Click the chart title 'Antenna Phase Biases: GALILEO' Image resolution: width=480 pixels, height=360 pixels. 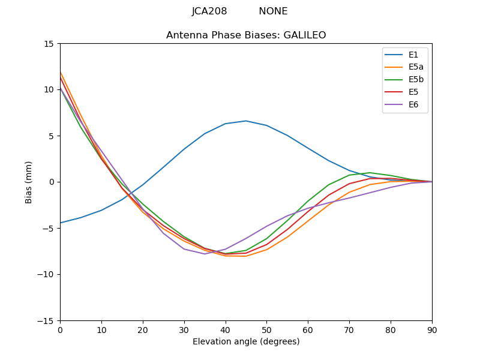[x=246, y=35]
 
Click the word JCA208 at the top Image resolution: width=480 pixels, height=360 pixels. [x=209, y=11]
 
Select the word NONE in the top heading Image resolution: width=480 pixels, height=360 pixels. [x=273, y=11]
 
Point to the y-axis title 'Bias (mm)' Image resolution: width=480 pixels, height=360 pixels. [x=29, y=182]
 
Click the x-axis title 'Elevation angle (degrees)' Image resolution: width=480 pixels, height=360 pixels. [x=246, y=342]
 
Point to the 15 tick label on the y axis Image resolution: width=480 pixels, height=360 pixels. [x=49, y=44]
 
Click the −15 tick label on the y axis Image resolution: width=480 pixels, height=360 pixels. [x=46, y=320]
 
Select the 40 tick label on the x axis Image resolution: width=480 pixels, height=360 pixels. [x=226, y=329]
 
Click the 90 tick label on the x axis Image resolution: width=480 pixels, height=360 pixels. [x=432, y=329]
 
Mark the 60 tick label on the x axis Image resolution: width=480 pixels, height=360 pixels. [x=308, y=329]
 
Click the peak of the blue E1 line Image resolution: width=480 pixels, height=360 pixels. [x=246, y=121]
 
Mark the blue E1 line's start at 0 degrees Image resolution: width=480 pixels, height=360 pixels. [x=61, y=223]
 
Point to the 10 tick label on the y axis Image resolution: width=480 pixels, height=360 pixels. [x=49, y=90]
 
